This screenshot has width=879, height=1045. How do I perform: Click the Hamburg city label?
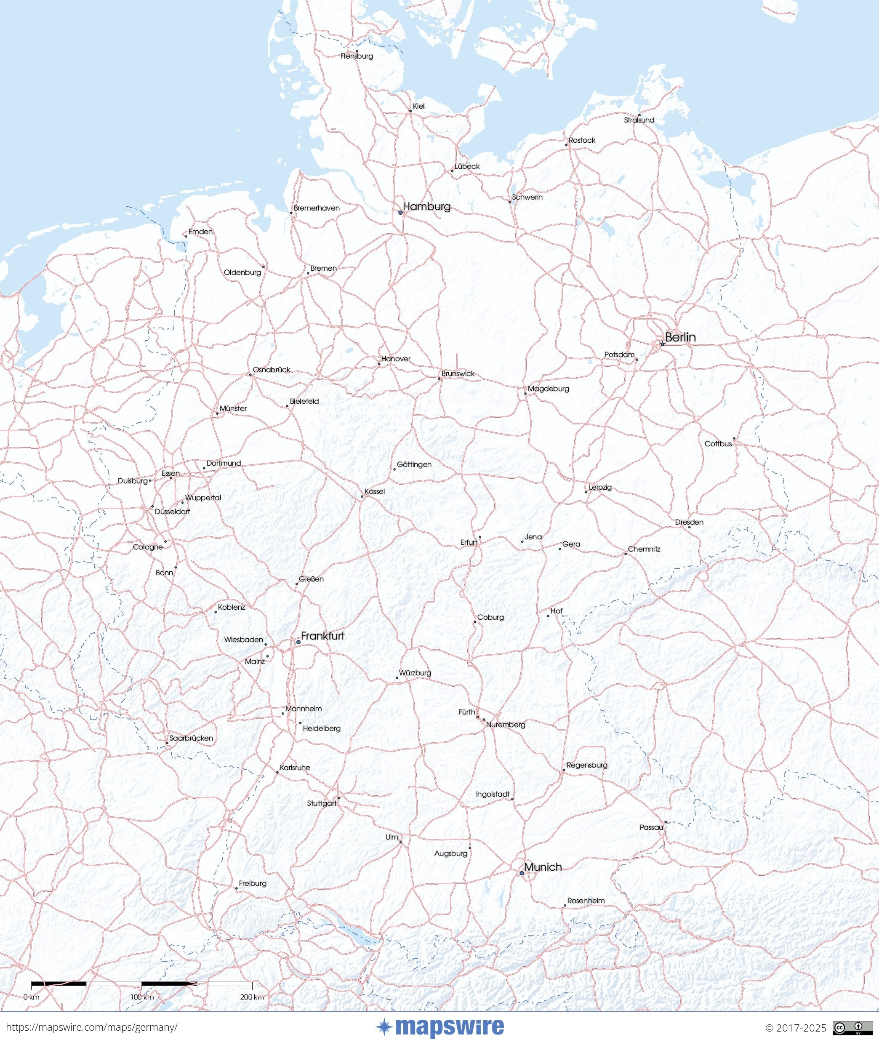[x=426, y=206]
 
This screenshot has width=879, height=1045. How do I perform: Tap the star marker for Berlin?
[x=662, y=344]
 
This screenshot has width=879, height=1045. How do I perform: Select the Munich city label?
[x=543, y=866]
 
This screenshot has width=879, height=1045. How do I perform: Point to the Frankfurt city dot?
[x=298, y=642]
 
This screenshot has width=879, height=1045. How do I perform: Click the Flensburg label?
[x=357, y=56]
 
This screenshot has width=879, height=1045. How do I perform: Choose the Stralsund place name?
[x=639, y=120]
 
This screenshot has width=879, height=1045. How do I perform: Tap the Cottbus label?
[x=718, y=443]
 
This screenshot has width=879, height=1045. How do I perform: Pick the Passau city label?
[x=651, y=827]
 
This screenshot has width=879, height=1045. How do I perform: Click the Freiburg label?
[x=253, y=883]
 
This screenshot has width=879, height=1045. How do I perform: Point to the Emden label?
[x=200, y=232]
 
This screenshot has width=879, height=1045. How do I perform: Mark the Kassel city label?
[x=375, y=491]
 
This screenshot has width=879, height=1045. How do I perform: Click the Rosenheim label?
[x=586, y=901]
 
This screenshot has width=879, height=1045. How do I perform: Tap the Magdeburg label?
[x=549, y=389]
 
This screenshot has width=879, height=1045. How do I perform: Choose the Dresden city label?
[x=689, y=522]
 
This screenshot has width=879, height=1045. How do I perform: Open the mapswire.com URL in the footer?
[x=92, y=1027]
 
